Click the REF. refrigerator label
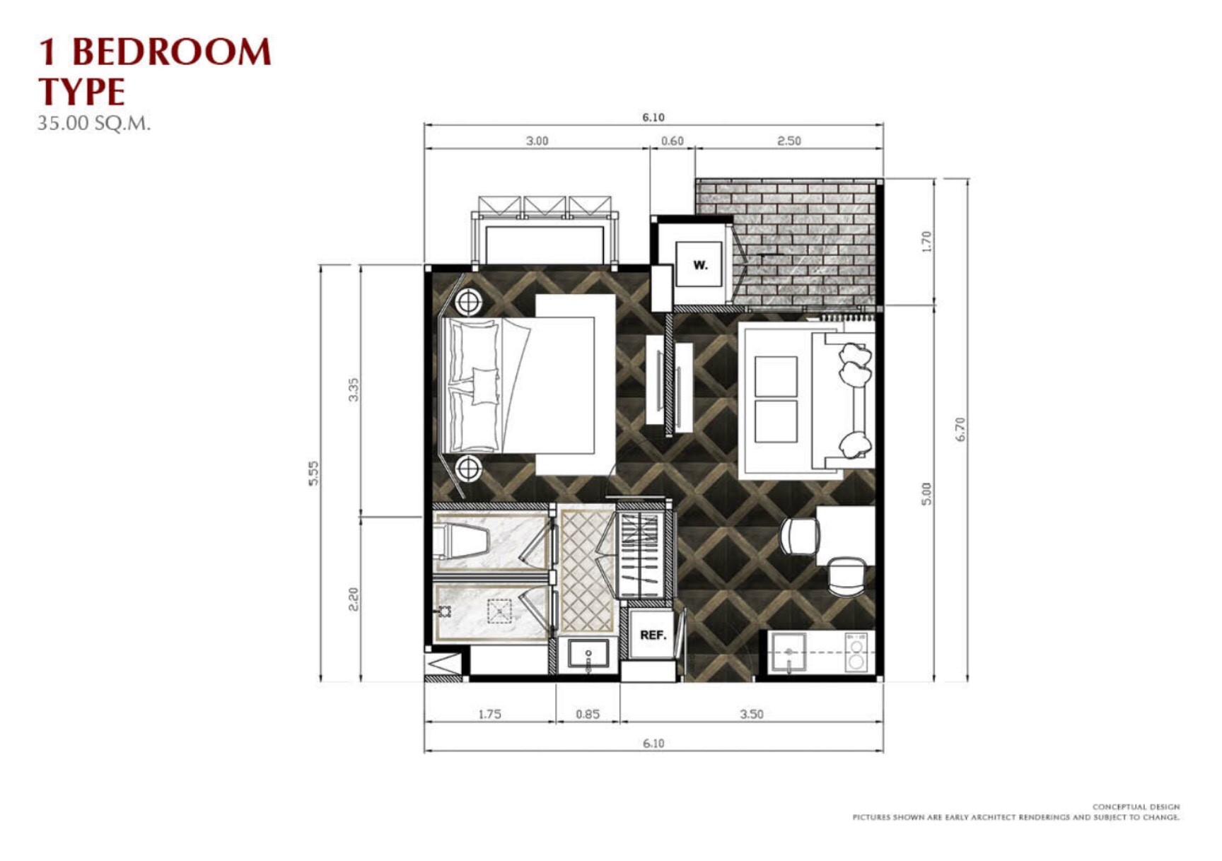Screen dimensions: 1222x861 coord(653,635)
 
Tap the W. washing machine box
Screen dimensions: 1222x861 coord(699,264)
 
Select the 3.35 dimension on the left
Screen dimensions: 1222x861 coord(354,389)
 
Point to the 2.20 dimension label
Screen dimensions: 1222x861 coord(354,599)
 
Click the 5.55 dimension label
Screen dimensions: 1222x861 coord(313,473)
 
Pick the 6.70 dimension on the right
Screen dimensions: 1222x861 coord(960,429)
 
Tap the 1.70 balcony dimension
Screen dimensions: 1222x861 coord(926,242)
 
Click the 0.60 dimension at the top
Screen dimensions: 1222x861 coord(672,141)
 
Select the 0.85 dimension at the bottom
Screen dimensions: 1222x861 coord(587,714)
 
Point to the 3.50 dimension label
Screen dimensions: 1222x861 coord(751,714)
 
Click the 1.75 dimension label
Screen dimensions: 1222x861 coord(489,714)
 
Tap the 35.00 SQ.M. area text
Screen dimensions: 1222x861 coord(94,123)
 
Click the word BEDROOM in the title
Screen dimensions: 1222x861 coord(172,52)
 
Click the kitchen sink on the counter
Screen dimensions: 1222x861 coord(789,652)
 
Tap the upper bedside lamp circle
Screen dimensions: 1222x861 coord(467,302)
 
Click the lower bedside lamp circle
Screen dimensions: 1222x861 coord(467,468)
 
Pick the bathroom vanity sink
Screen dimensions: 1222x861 coord(588,655)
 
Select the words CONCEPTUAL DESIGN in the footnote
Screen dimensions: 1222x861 coord(1136,807)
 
